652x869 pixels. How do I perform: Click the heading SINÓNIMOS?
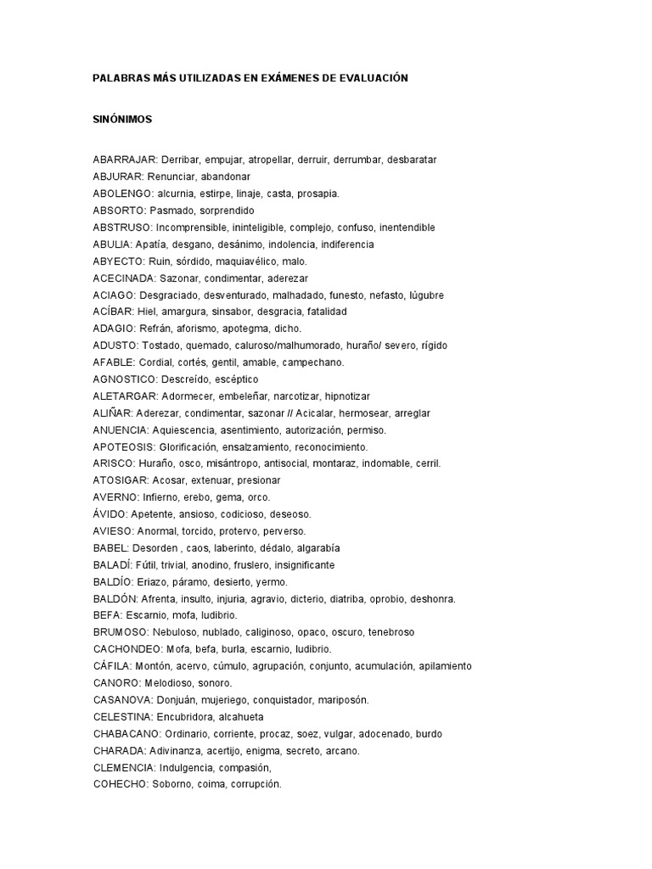tap(122, 120)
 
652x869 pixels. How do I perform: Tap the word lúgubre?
tap(425, 295)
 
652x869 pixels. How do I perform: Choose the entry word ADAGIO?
tap(113, 328)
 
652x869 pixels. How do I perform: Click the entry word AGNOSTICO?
tap(125, 379)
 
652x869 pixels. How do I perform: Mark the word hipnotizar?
tap(343, 396)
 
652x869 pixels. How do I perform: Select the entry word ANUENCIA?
tap(121, 430)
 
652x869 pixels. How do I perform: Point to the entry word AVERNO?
tap(115, 497)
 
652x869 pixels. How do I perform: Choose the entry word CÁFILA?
tap(113, 666)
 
